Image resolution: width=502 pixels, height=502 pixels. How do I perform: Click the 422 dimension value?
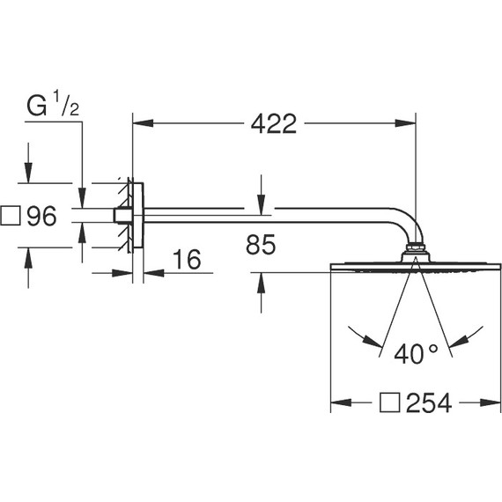[x=272, y=124]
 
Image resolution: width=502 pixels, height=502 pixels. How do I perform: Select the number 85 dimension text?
[x=261, y=246]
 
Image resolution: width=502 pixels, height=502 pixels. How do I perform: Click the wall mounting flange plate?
[x=135, y=216]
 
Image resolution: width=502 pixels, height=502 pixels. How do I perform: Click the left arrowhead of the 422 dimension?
[x=138, y=124]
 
